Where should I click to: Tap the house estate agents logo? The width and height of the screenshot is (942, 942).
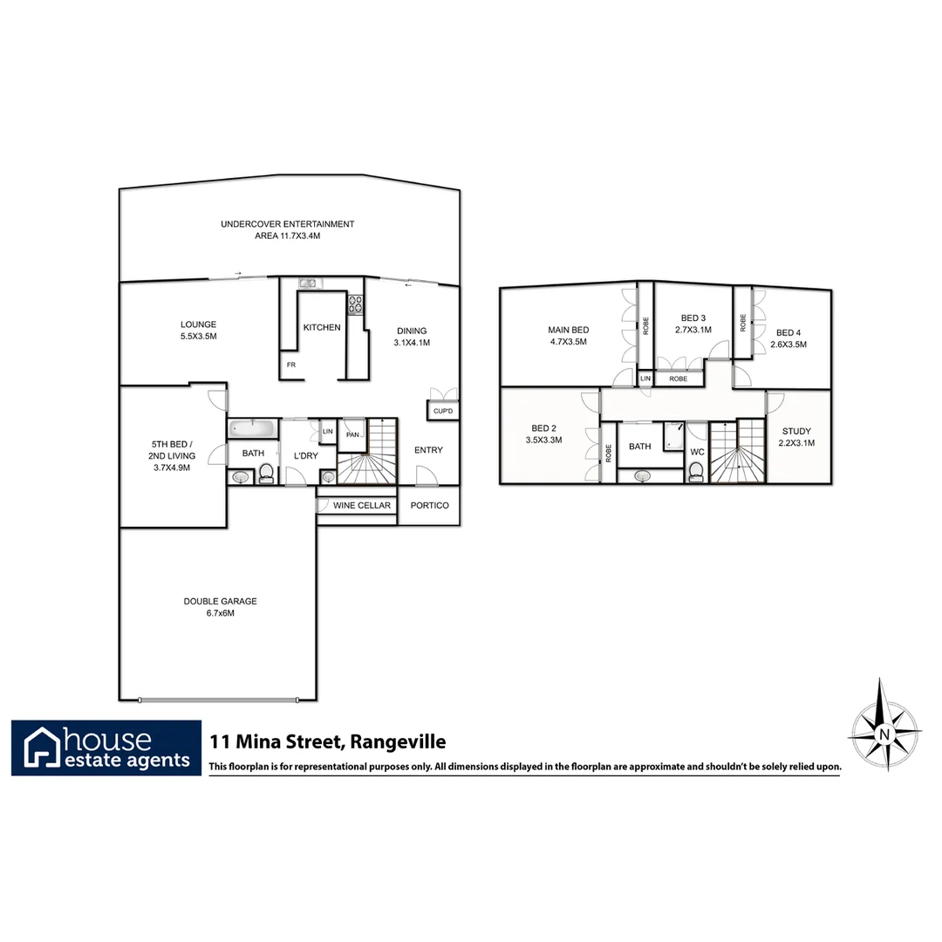[106, 747]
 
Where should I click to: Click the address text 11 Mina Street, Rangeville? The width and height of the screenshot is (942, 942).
[328, 742]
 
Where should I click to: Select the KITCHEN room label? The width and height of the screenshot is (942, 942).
[322, 328]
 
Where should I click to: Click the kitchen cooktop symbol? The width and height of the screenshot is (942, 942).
[356, 304]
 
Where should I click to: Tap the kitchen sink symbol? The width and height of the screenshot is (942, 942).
[308, 283]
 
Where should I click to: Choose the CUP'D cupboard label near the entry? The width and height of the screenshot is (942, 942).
[442, 411]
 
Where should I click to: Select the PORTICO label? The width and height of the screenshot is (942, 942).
[429, 506]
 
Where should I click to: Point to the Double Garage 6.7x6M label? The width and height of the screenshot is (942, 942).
[221, 607]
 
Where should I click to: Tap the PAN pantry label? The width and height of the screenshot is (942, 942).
[352, 433]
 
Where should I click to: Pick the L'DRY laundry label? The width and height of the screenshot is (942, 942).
[306, 455]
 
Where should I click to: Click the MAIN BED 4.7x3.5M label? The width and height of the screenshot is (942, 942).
[568, 336]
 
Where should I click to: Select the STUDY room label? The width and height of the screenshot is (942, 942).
[796, 436]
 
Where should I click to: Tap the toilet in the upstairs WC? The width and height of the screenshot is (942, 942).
[696, 472]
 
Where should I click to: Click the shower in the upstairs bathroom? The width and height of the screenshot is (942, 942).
[672, 436]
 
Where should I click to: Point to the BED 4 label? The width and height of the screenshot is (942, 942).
[788, 338]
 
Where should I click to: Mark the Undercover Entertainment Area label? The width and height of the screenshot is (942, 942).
[288, 230]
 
